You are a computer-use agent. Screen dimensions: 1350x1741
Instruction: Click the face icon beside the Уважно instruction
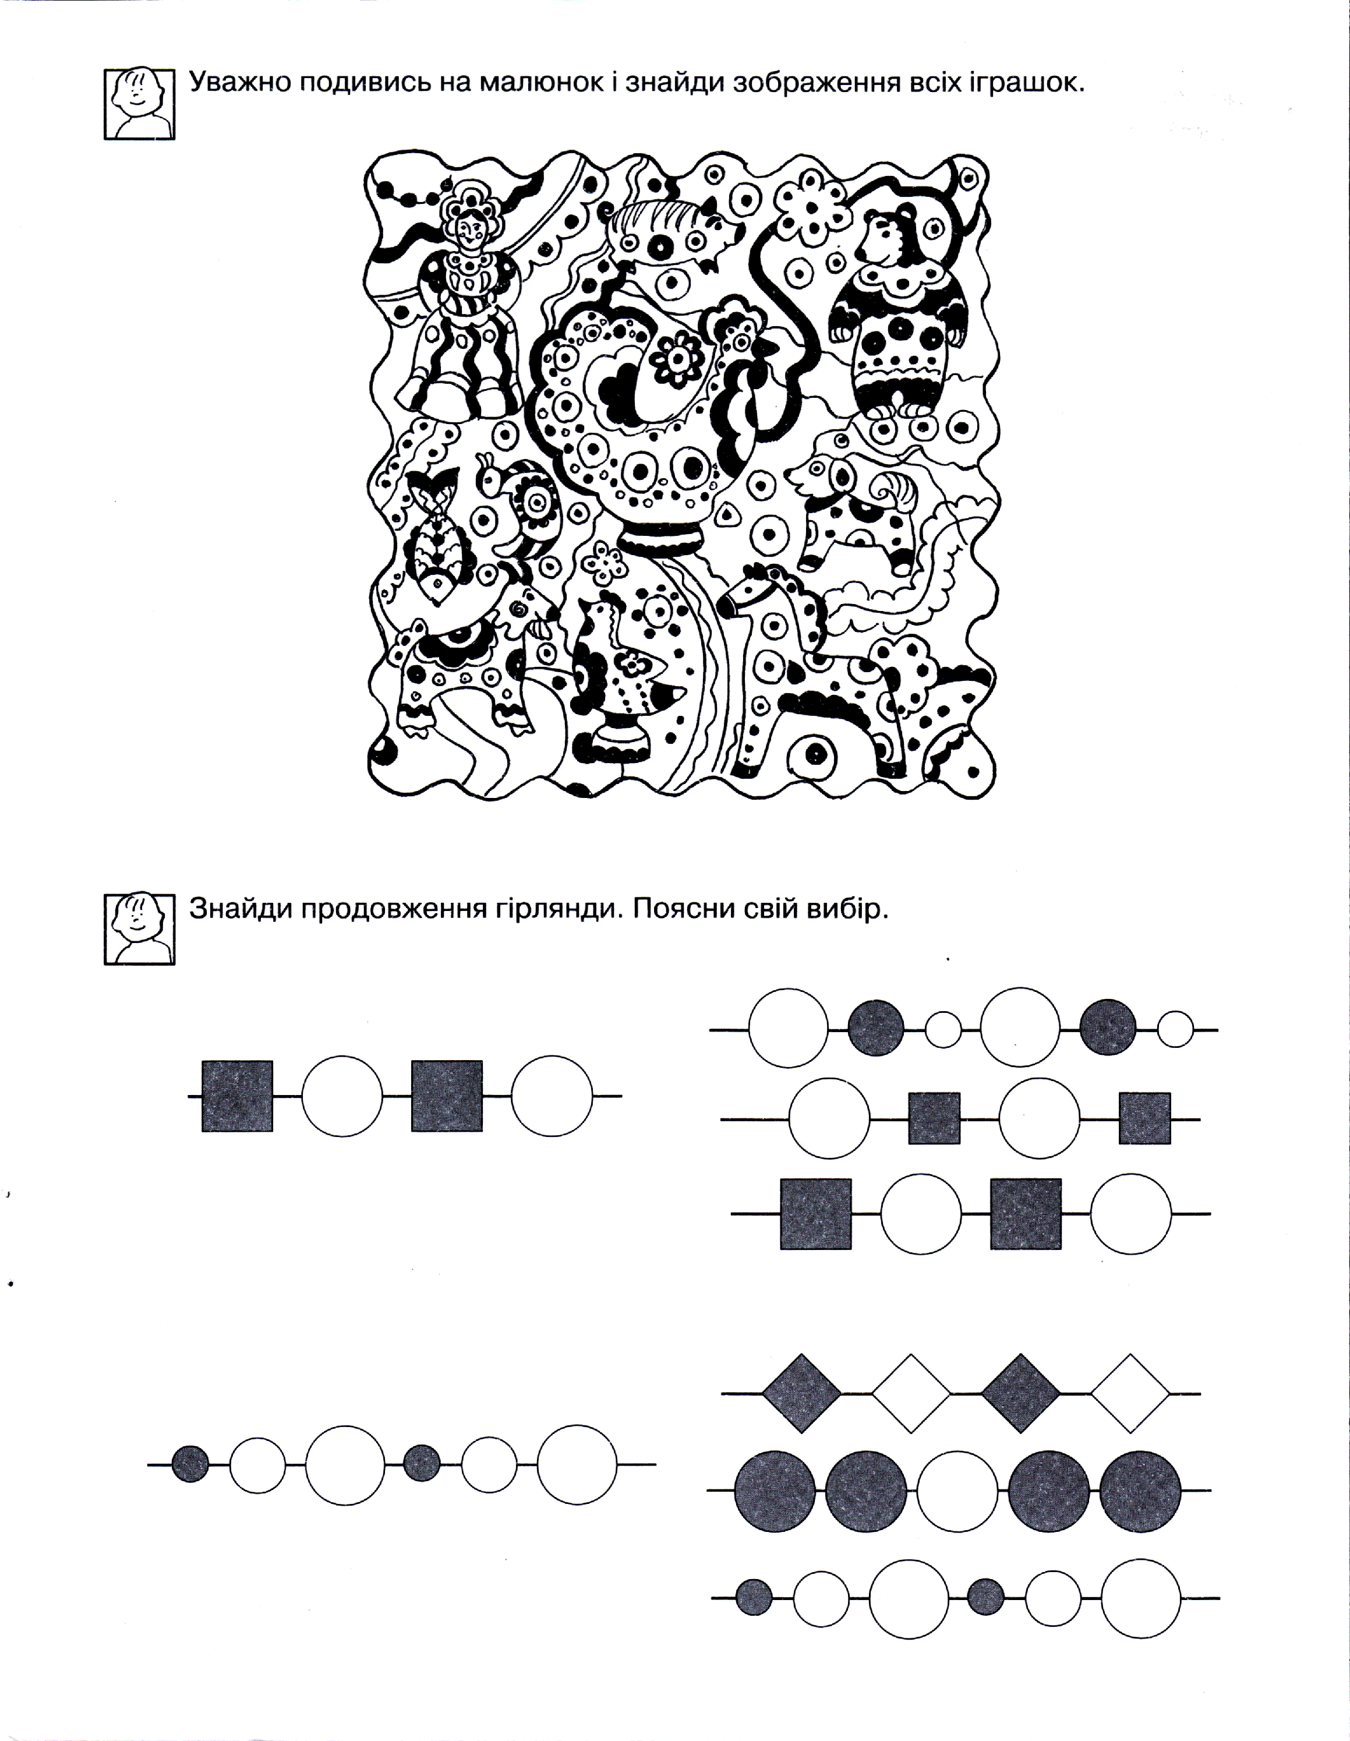click(139, 103)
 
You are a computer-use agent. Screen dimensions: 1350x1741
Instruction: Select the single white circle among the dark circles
click(957, 1491)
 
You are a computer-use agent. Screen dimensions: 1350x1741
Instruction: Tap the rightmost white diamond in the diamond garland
click(1130, 1393)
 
